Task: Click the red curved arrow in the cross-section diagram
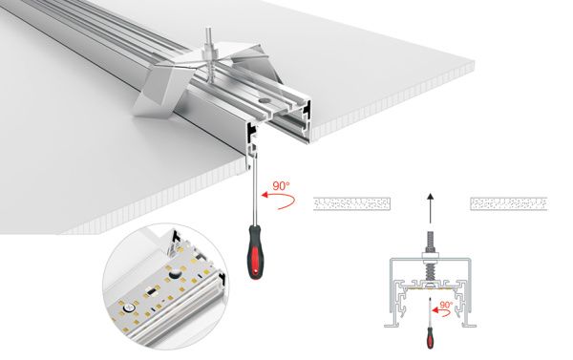click(439, 313)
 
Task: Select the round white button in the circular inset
click(179, 274)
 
